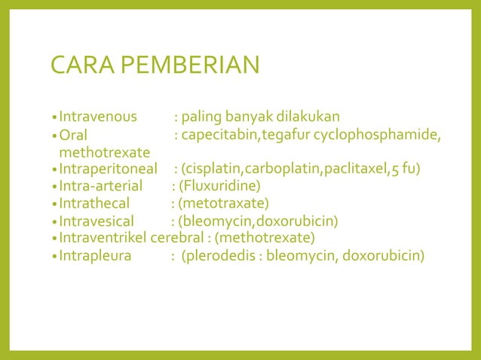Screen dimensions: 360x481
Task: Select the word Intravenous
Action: click(x=98, y=117)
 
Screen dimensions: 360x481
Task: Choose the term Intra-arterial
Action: click(x=100, y=185)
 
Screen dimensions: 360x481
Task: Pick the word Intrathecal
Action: click(x=94, y=203)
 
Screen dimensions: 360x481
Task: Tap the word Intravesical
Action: click(x=97, y=221)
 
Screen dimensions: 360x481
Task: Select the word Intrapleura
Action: click(x=95, y=256)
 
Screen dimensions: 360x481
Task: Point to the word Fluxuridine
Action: click(x=219, y=185)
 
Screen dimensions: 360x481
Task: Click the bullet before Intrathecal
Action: click(x=54, y=203)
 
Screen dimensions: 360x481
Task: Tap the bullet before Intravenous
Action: click(x=54, y=117)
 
